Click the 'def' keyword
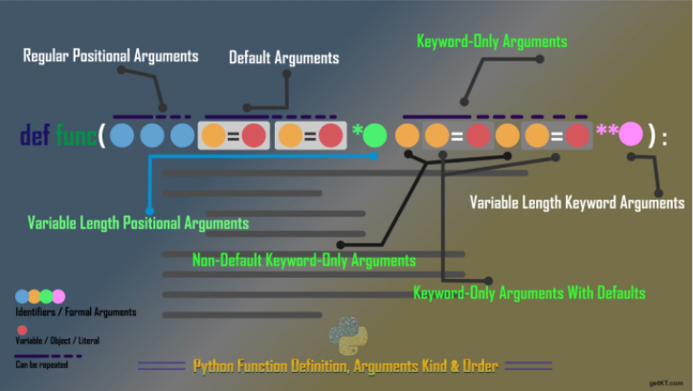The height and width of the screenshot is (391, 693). point(35,135)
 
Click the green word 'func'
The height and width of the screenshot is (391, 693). point(76,135)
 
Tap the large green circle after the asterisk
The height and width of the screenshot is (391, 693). point(375,135)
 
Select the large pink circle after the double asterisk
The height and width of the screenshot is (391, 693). point(631,134)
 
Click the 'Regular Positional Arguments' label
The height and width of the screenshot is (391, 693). point(110,56)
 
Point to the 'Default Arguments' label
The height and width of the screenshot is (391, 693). point(283,57)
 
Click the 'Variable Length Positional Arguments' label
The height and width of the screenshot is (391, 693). point(138,223)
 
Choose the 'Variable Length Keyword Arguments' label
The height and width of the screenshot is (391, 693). point(577,202)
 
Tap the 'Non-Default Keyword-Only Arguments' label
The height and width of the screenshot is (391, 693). point(304,260)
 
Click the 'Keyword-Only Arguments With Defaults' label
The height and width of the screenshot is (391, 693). point(529,293)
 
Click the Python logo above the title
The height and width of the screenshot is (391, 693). point(348,335)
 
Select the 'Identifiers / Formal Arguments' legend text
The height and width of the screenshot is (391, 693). point(76,312)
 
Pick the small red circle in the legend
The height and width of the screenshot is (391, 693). point(22,330)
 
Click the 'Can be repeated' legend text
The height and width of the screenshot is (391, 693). point(41,365)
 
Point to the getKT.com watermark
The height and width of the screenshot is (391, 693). point(665,383)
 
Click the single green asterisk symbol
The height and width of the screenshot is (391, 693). point(358,130)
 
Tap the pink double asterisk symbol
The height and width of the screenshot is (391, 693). point(607,130)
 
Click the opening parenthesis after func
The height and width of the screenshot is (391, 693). point(101,135)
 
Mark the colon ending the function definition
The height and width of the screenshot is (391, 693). point(664,138)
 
